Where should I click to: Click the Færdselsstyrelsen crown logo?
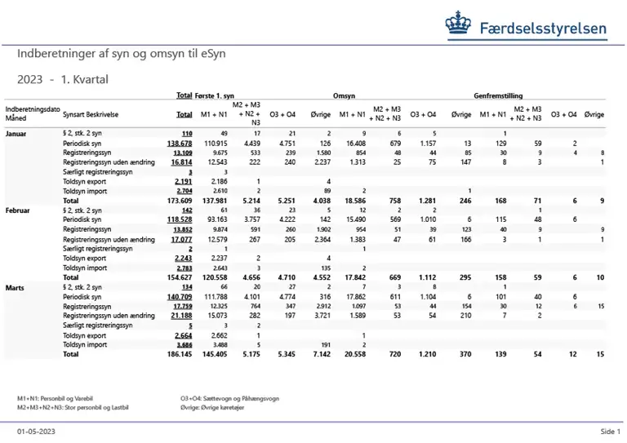[x=457, y=27]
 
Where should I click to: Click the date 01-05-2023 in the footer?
[x=36, y=431]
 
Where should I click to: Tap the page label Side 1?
[x=608, y=431]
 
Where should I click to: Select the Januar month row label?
[x=18, y=132]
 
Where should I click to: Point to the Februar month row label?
[x=20, y=210]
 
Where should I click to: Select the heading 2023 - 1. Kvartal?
[x=63, y=79]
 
